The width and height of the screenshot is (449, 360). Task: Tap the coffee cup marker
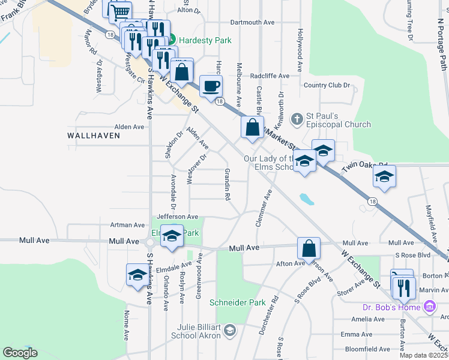click(x=211, y=86)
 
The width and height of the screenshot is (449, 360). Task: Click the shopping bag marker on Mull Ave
click(x=309, y=248)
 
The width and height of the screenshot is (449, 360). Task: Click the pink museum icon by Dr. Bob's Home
click(x=429, y=308)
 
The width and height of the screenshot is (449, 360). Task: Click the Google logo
click(x=20, y=353)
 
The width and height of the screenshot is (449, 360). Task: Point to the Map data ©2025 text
click(x=423, y=355)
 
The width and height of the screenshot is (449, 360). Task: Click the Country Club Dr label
click(x=327, y=85)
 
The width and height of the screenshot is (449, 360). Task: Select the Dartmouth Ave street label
click(x=252, y=22)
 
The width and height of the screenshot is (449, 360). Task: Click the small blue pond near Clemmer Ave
click(x=307, y=198)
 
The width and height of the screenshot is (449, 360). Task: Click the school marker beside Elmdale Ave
click(x=137, y=275)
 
